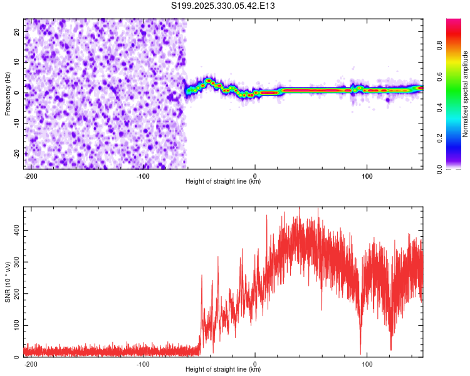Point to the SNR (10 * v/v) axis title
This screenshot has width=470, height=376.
(x=8, y=282)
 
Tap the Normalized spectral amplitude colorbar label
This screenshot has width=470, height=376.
(x=466, y=94)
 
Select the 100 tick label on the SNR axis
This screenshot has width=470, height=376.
(x=14, y=326)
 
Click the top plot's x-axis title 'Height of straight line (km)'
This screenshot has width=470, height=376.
(x=223, y=182)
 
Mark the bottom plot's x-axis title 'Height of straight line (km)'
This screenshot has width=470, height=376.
(x=223, y=370)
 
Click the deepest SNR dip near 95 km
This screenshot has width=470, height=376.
(x=360, y=352)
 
